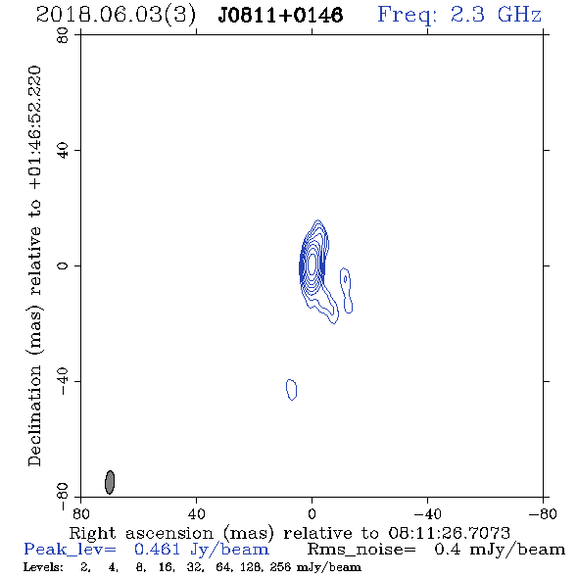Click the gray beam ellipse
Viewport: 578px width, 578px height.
(x=110, y=482)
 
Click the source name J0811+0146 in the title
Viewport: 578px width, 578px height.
(x=280, y=15)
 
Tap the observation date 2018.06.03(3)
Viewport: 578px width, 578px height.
(x=116, y=16)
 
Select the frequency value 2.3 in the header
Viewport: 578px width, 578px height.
(x=467, y=15)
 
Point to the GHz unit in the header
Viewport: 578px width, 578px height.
(x=519, y=15)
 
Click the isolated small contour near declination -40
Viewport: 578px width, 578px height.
(x=291, y=389)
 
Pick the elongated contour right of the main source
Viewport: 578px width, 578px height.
(x=347, y=291)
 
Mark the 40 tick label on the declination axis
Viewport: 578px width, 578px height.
(x=63, y=151)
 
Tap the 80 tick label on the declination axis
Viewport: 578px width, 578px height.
(x=63, y=35)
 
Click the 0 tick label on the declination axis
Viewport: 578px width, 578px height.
(x=63, y=265)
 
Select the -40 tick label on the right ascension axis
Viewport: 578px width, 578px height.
(x=427, y=513)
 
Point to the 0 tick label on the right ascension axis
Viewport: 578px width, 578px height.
(x=312, y=513)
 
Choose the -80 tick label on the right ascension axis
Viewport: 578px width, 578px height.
(x=543, y=513)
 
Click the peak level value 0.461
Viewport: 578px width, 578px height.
(x=158, y=550)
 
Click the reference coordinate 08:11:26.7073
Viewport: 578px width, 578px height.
(x=449, y=533)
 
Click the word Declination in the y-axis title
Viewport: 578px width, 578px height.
(x=34, y=415)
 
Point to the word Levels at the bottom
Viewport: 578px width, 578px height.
(x=43, y=567)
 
